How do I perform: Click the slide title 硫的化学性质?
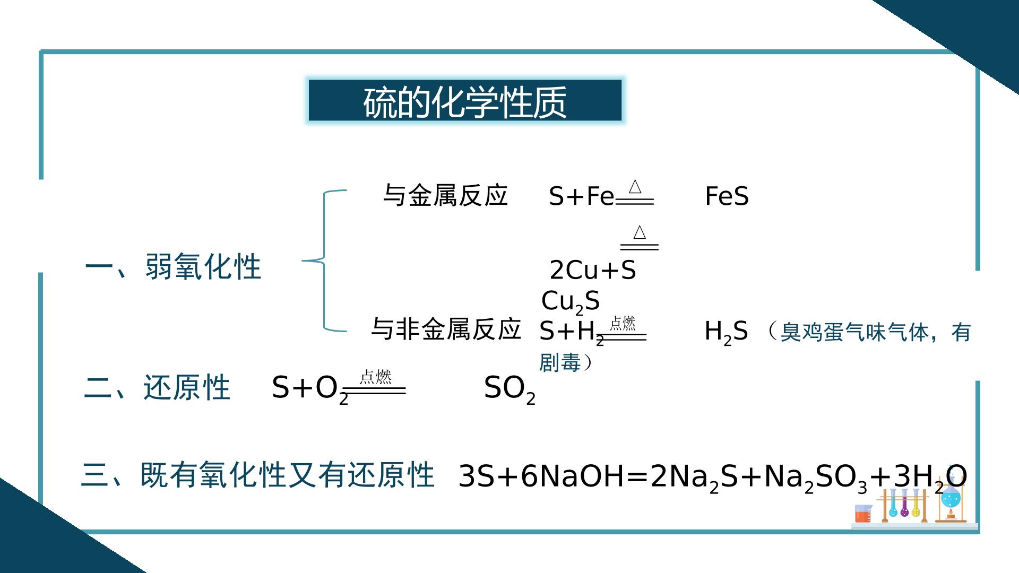coord(465,101)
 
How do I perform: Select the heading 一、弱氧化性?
coord(173,266)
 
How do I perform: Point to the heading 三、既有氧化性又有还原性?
coord(258,475)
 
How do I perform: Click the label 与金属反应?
coord(445,195)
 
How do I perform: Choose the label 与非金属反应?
coord(446,329)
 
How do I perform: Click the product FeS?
coord(727,196)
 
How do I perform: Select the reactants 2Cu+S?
coord(593,270)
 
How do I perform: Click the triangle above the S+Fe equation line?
coord(635,187)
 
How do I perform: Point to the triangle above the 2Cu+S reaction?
coord(640,232)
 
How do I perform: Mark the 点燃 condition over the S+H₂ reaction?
coord(623,323)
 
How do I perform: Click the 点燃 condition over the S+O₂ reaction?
coord(375,377)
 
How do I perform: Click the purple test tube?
coord(904,503)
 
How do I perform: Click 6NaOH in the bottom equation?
coord(573,476)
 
